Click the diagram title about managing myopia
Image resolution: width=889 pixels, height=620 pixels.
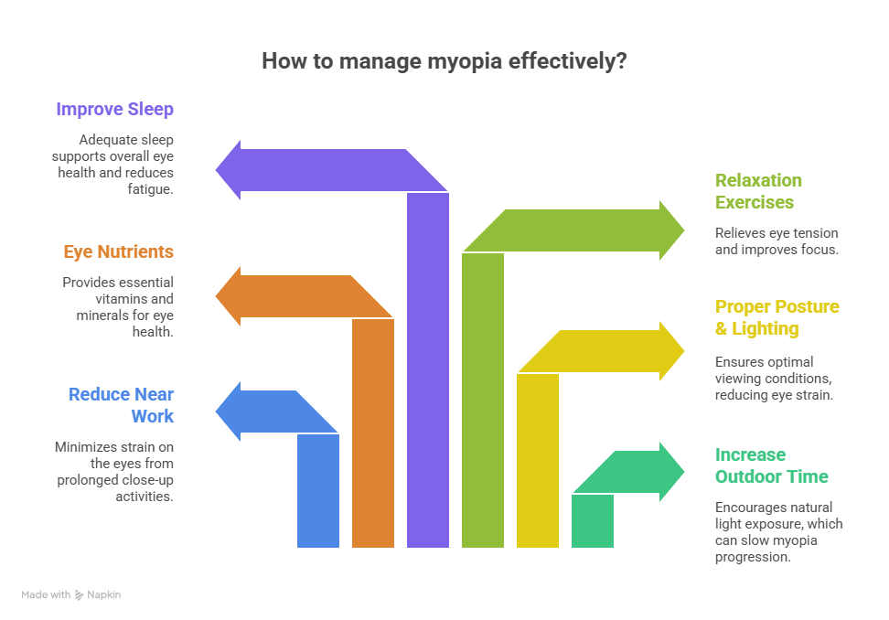click(444, 61)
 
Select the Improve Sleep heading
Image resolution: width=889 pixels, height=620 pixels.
click(114, 110)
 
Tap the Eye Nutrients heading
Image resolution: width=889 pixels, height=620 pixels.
click(118, 251)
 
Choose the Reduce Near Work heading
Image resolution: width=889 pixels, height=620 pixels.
click(121, 405)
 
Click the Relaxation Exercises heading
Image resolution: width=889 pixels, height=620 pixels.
click(758, 191)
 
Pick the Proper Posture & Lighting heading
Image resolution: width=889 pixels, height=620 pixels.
click(777, 317)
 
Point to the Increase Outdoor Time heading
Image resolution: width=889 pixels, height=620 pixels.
click(771, 465)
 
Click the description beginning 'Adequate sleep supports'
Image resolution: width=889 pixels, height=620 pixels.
click(125, 164)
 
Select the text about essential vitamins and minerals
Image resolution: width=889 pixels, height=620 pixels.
click(118, 306)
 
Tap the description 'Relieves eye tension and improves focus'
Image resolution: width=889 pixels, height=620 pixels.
click(776, 241)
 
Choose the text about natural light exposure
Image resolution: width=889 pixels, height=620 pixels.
click(777, 531)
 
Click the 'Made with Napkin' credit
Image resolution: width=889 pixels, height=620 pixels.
click(70, 594)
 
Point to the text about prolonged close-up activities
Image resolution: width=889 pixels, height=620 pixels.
click(113, 471)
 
